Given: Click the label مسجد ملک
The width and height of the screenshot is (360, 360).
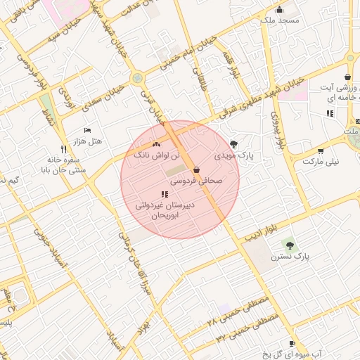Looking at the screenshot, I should coord(279,20).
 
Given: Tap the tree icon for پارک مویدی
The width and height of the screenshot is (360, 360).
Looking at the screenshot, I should coord(234,143).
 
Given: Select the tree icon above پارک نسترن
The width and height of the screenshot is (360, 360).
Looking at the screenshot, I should coord(289,244).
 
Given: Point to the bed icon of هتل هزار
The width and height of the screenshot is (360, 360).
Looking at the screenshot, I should coord(87,131).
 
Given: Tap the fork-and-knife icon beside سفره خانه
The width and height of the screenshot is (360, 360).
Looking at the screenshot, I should coord(64,149).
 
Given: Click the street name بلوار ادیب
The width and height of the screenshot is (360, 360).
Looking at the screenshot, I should coord(262,232).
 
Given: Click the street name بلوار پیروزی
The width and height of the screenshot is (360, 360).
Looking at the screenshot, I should coord(279,126).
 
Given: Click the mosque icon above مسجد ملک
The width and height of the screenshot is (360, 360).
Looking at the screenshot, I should coord(279,9).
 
